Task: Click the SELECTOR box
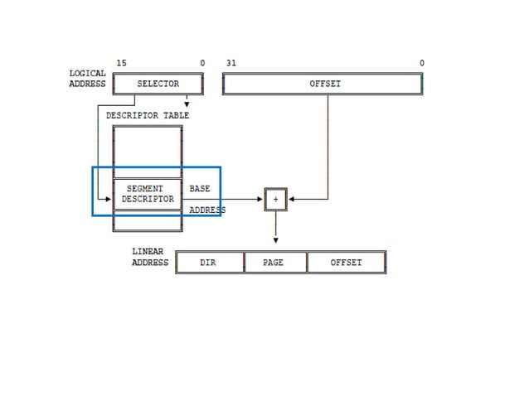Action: tap(158, 84)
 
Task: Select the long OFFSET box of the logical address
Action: tap(323, 84)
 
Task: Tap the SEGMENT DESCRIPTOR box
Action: tap(148, 194)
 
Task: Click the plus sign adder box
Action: tap(275, 199)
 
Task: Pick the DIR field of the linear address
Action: tap(209, 263)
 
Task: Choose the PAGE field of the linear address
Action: tap(274, 263)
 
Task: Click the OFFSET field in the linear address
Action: tap(346, 263)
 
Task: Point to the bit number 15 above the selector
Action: tap(121, 64)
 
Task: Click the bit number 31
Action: tap(231, 64)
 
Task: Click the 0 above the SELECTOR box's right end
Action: tap(201, 64)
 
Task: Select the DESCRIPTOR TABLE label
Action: tap(148, 115)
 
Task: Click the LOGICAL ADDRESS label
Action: tap(87, 79)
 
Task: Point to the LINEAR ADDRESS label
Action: tap(149, 257)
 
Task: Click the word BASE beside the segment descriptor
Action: tap(200, 189)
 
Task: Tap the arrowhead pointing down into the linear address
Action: tap(275, 241)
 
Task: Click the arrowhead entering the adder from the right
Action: tap(292, 199)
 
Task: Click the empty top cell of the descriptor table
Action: tap(148, 152)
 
